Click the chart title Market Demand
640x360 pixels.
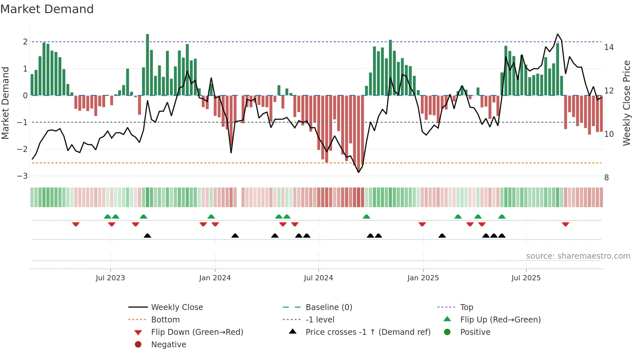(47, 9)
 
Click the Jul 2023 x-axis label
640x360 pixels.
(110, 278)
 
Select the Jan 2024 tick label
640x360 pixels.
(215, 278)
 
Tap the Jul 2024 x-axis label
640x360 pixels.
(318, 278)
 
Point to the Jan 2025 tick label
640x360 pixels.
(423, 278)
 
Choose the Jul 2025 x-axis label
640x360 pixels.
(526, 278)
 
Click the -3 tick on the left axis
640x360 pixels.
(22, 176)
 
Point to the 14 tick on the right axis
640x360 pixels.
(609, 47)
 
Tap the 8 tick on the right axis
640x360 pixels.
(606, 178)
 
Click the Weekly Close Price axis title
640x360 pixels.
(626, 103)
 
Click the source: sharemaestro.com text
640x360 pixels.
(578, 256)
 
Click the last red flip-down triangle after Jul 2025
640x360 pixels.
(566, 224)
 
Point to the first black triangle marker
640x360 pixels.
(147, 236)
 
